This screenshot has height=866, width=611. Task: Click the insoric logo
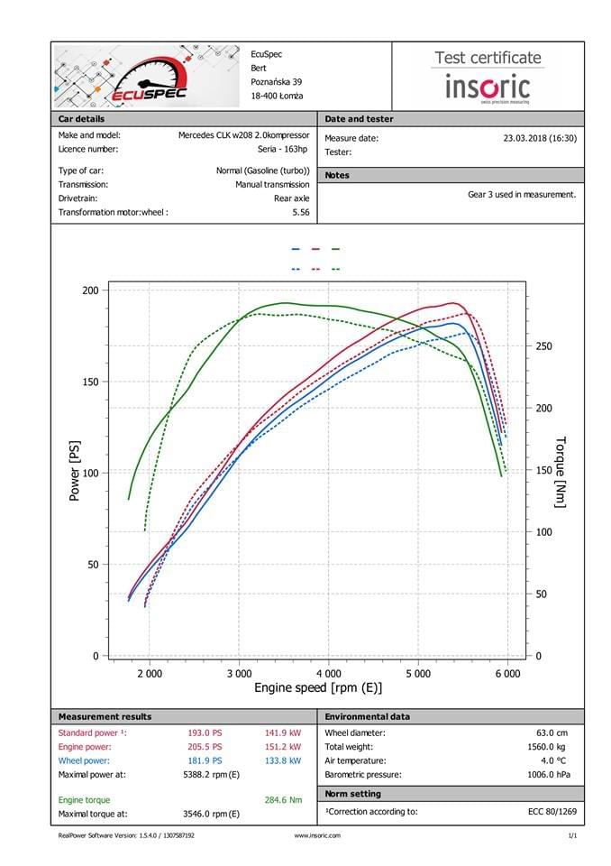(488, 88)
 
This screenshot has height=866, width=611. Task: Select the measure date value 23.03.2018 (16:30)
(539, 138)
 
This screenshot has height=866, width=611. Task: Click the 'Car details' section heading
(81, 119)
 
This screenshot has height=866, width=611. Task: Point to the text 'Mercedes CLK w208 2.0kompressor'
(243, 134)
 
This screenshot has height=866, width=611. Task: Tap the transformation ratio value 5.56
(301, 212)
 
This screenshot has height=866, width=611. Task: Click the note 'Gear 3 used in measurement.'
(522, 194)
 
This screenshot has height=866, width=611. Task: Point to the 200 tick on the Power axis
(90, 290)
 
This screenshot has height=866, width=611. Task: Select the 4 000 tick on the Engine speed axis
(328, 673)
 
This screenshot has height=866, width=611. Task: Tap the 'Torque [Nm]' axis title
(560, 472)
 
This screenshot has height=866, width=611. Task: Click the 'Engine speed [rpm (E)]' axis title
(318, 688)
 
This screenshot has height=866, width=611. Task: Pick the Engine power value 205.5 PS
(204, 747)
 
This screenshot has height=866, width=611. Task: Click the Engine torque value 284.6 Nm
(283, 799)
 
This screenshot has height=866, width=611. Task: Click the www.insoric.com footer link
(317, 835)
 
